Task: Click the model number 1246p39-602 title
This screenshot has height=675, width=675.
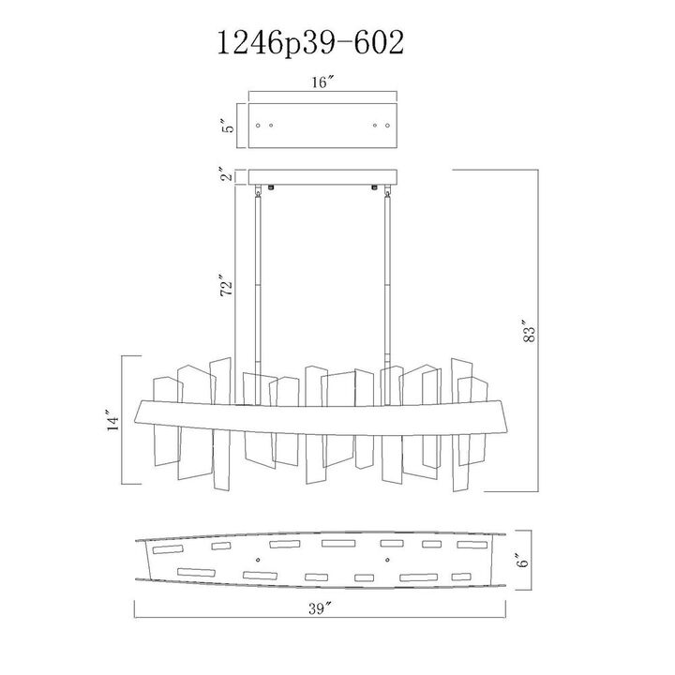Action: pos(311,43)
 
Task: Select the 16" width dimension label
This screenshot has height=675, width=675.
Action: pos(322,82)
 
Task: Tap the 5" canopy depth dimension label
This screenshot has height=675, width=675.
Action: pos(231,126)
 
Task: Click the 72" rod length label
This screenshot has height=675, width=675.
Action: pos(226,284)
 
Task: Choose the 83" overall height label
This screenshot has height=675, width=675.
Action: pos(530,331)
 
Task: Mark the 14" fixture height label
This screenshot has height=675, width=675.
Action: pos(113,424)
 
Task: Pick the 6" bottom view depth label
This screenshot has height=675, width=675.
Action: pos(522,559)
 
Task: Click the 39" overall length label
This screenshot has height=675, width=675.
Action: pos(322,608)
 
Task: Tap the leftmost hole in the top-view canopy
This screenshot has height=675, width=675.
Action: pos(258,126)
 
